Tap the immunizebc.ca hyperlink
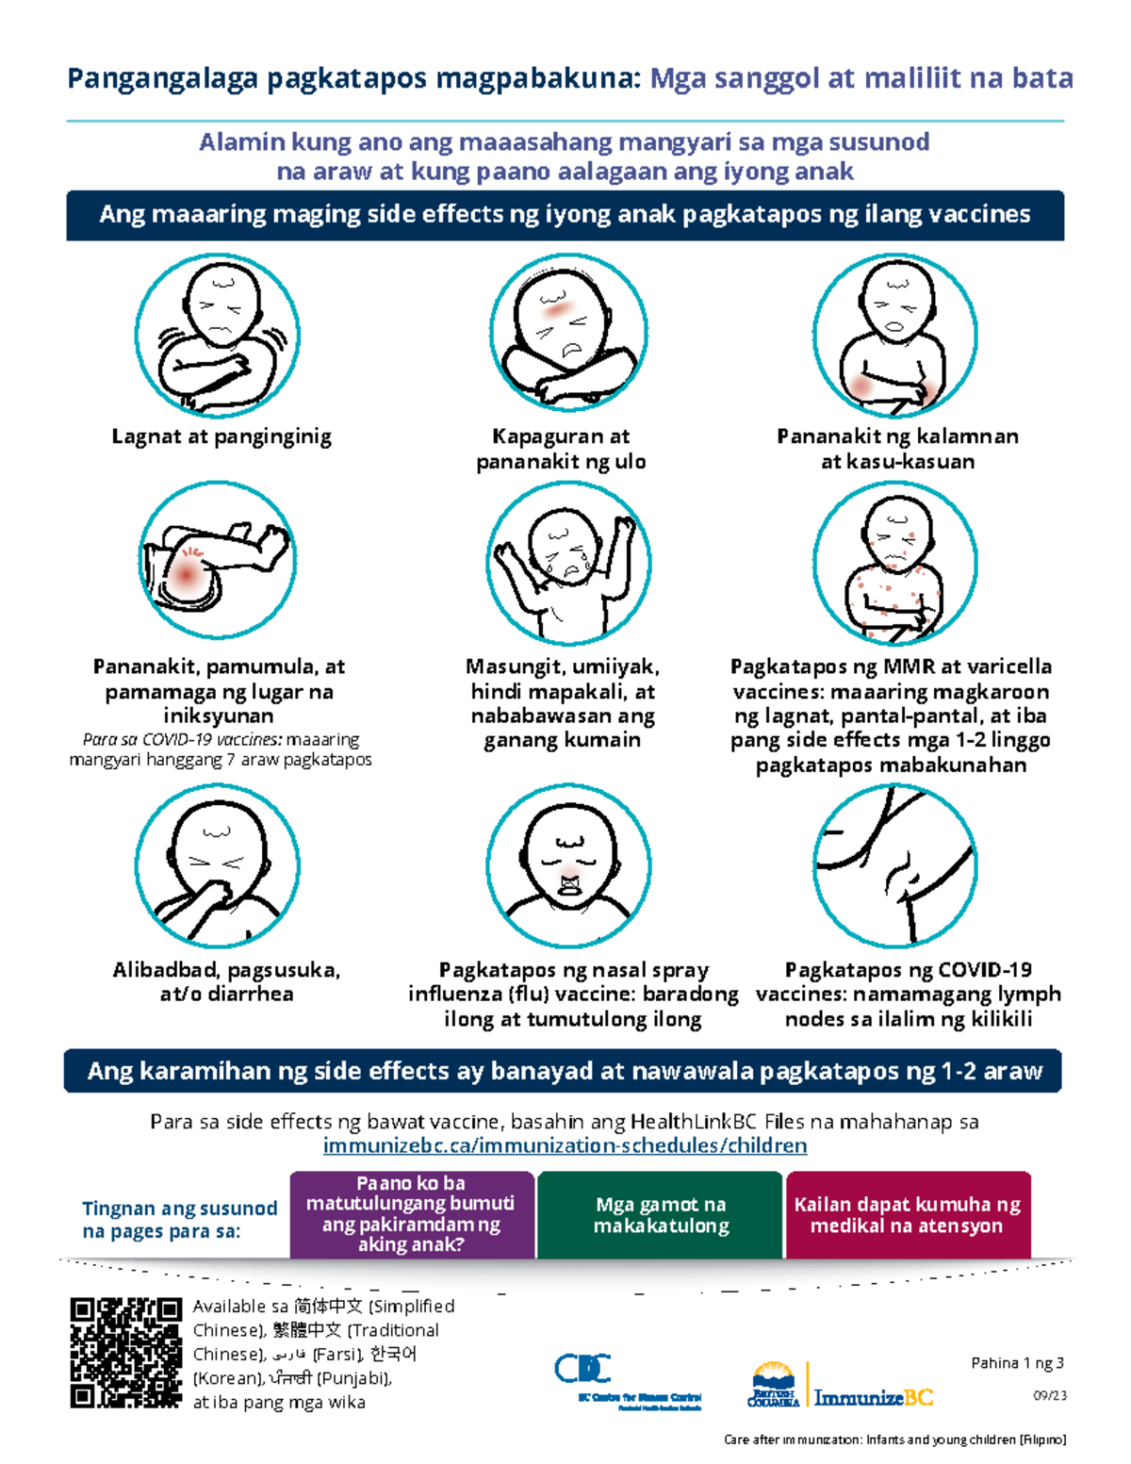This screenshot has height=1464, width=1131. click(x=565, y=1144)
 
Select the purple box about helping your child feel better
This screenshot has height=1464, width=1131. click(x=412, y=1214)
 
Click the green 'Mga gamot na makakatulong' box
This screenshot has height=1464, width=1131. click(x=660, y=1214)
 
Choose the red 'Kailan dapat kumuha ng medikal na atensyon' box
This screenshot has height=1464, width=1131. click(x=908, y=1214)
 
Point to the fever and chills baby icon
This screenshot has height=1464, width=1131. click(x=218, y=335)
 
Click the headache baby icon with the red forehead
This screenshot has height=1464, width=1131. click(x=568, y=332)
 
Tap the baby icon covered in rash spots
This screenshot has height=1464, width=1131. click(x=894, y=562)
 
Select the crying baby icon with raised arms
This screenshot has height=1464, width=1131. click(x=568, y=562)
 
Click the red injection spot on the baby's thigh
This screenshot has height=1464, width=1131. click(x=186, y=575)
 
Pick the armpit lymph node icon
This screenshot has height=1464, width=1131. click(x=894, y=865)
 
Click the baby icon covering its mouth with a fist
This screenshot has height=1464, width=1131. click(x=218, y=865)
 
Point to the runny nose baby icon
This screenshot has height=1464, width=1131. click(x=568, y=865)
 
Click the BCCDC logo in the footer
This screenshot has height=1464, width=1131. click(x=628, y=1380)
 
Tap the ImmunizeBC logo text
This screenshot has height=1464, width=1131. click(x=873, y=1397)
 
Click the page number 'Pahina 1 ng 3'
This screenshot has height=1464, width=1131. click(x=1017, y=1362)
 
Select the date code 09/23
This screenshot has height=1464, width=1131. click(x=1050, y=1395)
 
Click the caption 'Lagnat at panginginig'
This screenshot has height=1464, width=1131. click(x=221, y=437)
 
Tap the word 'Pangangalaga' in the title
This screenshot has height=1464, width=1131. click(x=162, y=79)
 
